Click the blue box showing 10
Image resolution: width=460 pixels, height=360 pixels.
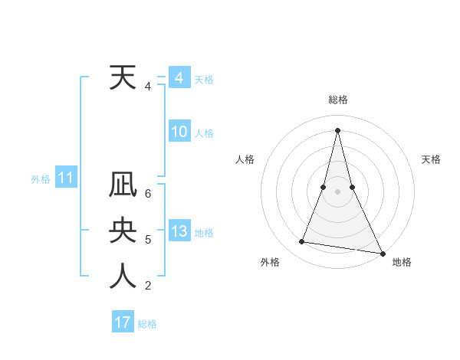pyautogui.click(x=179, y=133)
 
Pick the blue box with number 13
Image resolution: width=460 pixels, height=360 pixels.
pyautogui.click(x=179, y=232)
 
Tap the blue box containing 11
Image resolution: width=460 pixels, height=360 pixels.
pyautogui.click(x=65, y=179)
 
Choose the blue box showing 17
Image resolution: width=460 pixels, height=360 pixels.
pyautogui.click(x=123, y=322)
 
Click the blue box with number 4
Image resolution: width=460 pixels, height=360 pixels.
pyautogui.click(x=179, y=78)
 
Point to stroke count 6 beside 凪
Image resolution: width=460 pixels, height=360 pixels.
pyautogui.click(x=148, y=193)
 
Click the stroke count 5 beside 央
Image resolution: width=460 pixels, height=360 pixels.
pyautogui.click(x=148, y=240)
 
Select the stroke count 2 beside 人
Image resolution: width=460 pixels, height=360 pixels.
pyautogui.click(x=148, y=286)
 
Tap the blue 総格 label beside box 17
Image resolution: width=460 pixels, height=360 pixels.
pyautogui.click(x=147, y=324)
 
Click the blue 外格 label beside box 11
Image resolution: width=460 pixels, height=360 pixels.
pyautogui.click(x=41, y=180)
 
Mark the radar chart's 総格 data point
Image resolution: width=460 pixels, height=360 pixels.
pyautogui.click(x=337, y=129)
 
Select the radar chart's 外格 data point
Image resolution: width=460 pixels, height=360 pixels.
pyautogui.click(x=302, y=242)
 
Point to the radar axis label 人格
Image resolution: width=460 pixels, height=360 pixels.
pyautogui.click(x=245, y=159)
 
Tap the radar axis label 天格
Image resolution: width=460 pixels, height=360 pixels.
pyautogui.click(x=431, y=159)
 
